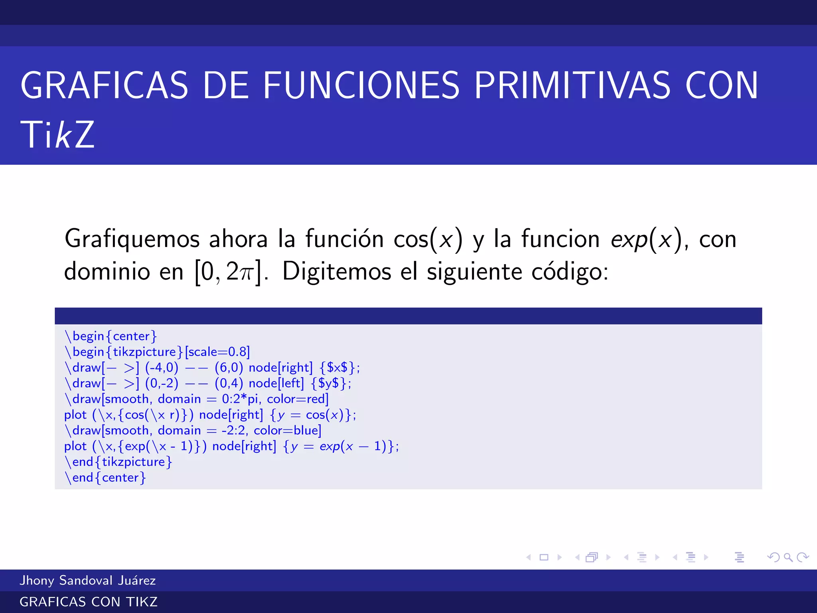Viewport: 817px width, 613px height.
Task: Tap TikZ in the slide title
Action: (57, 135)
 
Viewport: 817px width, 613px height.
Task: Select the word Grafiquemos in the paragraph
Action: (132, 239)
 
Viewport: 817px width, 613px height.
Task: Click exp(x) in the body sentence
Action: (646, 239)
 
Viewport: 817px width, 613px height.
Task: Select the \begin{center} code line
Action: (111, 336)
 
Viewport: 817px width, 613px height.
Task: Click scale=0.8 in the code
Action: (217, 352)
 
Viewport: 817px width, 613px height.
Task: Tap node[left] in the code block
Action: (276, 383)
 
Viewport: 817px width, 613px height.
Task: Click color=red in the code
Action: (298, 399)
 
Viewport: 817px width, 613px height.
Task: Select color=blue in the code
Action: (287, 430)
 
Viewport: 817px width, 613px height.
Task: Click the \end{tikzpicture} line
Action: (118, 462)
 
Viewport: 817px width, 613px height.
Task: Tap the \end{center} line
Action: (105, 477)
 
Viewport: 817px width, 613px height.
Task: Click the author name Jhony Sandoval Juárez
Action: (88, 580)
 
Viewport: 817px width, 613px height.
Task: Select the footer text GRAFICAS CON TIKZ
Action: (89, 602)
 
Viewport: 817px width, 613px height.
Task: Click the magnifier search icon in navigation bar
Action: (788, 557)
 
